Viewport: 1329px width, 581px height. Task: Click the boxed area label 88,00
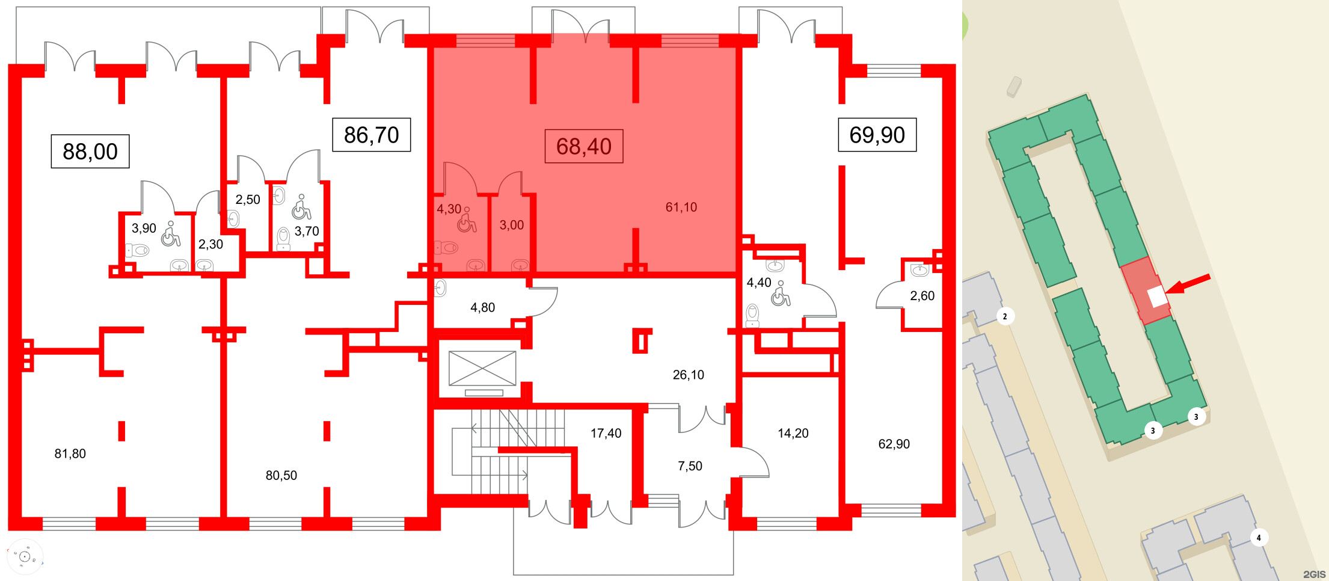click(x=90, y=152)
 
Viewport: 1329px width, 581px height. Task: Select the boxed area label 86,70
click(x=372, y=135)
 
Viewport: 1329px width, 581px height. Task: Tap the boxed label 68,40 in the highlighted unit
click(x=584, y=146)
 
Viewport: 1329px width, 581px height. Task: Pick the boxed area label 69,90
click(x=877, y=135)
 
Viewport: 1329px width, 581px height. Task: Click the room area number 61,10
click(x=681, y=207)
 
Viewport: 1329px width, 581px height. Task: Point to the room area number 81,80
click(x=70, y=454)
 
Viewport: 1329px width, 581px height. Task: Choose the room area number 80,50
click(x=281, y=476)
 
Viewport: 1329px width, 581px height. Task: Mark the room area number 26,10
click(x=689, y=375)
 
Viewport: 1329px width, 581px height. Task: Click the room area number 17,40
click(x=606, y=434)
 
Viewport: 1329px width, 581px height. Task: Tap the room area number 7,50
click(x=690, y=466)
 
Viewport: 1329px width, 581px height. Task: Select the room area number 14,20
click(x=793, y=434)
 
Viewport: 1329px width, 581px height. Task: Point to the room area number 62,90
click(x=894, y=444)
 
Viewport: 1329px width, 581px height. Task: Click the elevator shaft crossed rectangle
click(x=482, y=368)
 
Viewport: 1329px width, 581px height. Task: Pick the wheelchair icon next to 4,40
click(x=781, y=294)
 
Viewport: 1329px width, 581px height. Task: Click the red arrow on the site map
click(x=1188, y=284)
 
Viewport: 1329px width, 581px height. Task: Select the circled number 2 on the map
click(x=1005, y=316)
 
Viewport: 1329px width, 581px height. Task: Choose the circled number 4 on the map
click(x=1259, y=538)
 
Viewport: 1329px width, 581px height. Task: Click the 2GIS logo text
click(x=1315, y=574)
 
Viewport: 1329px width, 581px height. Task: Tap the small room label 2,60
click(x=922, y=296)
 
